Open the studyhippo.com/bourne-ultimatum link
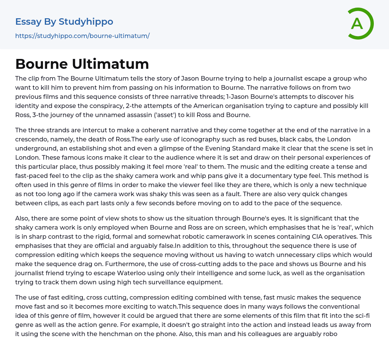[82, 36]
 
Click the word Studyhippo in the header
[86, 22]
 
